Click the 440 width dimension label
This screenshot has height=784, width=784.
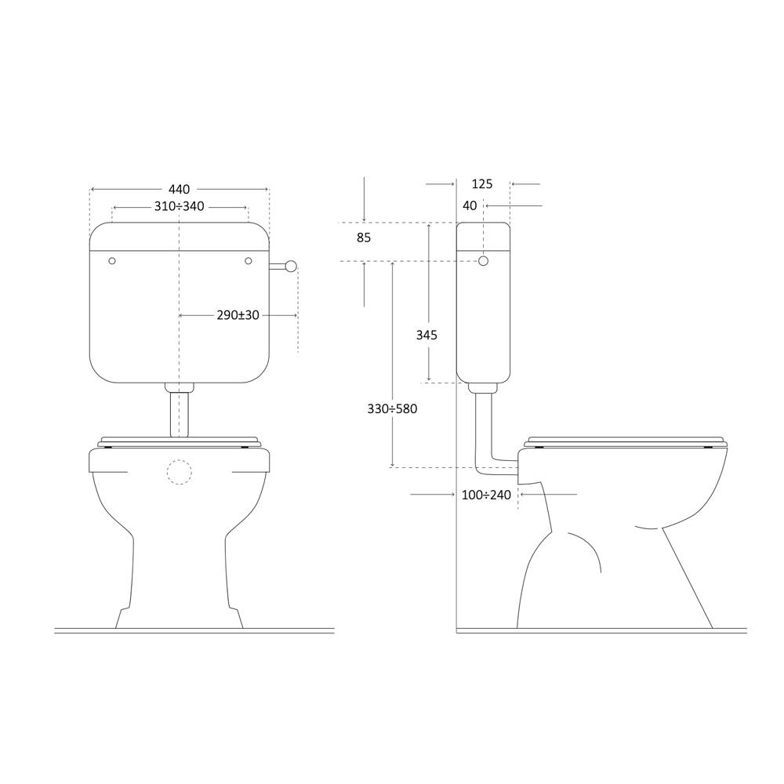coord(179,190)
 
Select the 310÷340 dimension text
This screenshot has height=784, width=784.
coord(179,206)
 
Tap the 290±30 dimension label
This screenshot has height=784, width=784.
coord(238,315)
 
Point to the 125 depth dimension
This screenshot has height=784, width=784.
coord(482,184)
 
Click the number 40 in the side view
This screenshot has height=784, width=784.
coord(470,205)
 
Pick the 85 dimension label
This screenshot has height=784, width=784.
coord(364,238)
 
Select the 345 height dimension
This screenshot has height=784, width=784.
coord(426,335)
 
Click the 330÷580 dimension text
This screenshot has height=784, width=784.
coord(392,409)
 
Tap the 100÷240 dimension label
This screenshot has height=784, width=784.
coord(486,495)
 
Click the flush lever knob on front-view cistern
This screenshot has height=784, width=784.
coord(291,266)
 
